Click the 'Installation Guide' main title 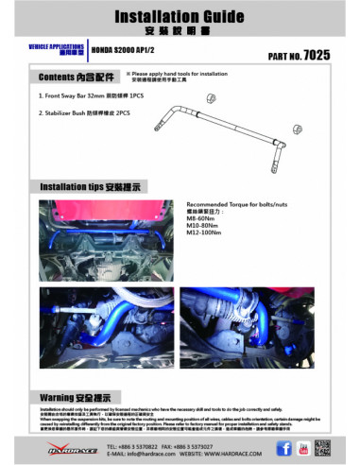[180, 17]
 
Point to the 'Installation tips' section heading [87, 187]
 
